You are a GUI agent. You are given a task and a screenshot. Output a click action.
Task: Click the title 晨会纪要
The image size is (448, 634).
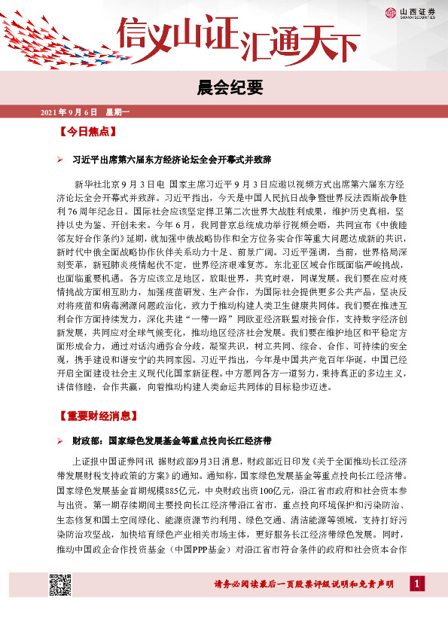224,88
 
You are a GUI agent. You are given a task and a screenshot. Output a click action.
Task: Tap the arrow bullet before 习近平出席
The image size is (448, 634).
61,161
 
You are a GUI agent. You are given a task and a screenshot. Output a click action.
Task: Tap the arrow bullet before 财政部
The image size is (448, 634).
61,440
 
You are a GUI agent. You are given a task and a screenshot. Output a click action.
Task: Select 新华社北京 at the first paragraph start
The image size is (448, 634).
96,184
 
